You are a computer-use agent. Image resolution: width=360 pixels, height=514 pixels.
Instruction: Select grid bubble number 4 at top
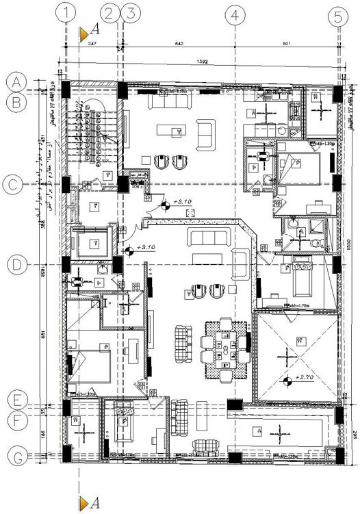(x=235, y=14)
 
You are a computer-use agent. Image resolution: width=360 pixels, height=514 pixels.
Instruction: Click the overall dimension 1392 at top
(x=203, y=62)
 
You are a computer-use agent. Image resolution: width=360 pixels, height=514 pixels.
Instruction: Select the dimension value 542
(x=180, y=44)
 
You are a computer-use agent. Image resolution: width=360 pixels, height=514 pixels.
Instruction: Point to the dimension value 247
(x=93, y=44)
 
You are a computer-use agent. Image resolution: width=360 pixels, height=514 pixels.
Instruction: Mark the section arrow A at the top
(x=90, y=31)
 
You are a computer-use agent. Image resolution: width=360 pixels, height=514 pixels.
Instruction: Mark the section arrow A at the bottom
(x=90, y=504)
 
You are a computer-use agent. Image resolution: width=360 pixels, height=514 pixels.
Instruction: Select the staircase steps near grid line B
(x=93, y=130)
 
